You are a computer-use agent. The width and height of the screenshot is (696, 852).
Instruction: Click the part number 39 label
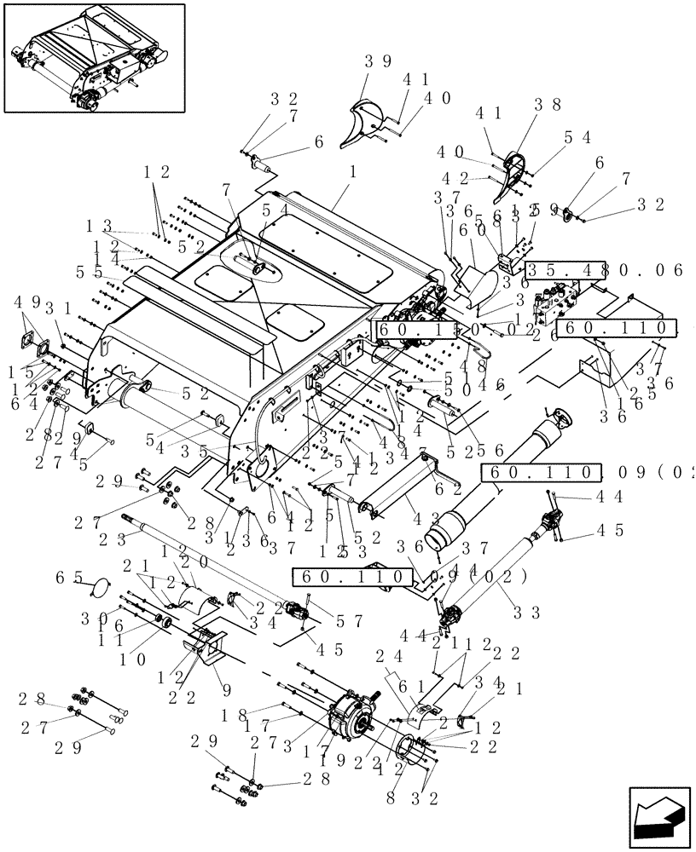pos(378,61)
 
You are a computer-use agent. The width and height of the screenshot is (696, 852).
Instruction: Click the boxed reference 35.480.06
pos(604,270)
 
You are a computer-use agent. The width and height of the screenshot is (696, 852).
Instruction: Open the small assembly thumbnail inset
pos(94,59)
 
